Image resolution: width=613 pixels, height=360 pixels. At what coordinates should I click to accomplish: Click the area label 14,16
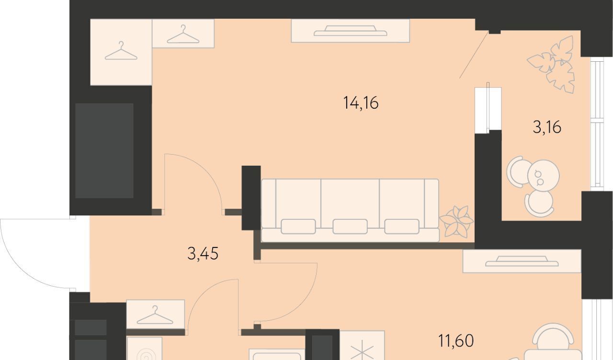pyautogui.click(x=361, y=103)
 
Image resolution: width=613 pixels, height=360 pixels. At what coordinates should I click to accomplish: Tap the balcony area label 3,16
pyautogui.click(x=547, y=127)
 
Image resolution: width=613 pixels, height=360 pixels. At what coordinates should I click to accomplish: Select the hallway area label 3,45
pyautogui.click(x=203, y=253)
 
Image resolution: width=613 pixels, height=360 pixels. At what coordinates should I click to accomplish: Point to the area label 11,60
pyautogui.click(x=456, y=341)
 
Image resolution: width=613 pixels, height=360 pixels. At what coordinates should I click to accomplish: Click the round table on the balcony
pyautogui.click(x=544, y=175)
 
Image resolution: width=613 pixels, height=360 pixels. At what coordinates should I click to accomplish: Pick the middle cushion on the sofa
pyautogui.click(x=350, y=226)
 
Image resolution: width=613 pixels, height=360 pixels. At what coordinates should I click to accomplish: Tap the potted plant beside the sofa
pyautogui.click(x=456, y=221)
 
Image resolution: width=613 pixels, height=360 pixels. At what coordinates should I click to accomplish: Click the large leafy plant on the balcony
pyautogui.click(x=551, y=65)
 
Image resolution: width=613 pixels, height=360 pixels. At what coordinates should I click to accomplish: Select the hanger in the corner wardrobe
pyautogui.click(x=121, y=51)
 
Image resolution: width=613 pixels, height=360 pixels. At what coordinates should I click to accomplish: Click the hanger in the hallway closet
pyautogui.click(x=155, y=315)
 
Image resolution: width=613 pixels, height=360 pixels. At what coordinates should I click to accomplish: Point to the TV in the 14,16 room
pyautogui.click(x=350, y=31)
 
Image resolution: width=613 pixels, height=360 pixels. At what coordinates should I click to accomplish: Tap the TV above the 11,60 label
pyautogui.click(x=522, y=261)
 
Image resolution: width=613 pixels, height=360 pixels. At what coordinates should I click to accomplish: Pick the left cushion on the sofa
pyautogui.click(x=298, y=226)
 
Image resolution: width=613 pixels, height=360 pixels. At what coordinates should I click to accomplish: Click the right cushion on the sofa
pyautogui.click(x=402, y=226)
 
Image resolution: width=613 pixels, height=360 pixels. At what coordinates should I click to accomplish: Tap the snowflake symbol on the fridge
pyautogui.click(x=362, y=351)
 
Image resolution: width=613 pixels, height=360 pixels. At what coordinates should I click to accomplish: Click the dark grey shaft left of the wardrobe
pyautogui.click(x=104, y=151)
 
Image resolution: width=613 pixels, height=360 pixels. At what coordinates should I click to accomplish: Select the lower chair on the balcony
pyautogui.click(x=539, y=204)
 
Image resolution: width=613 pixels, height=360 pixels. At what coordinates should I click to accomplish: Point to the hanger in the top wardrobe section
pyautogui.click(x=183, y=34)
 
